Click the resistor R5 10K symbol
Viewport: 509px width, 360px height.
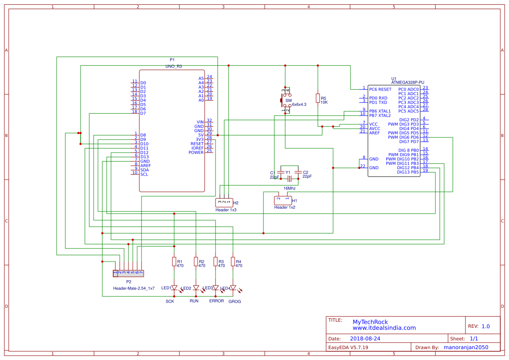[318, 98]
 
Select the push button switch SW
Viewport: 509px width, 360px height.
[286, 100]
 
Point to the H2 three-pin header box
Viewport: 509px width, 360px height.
[224, 202]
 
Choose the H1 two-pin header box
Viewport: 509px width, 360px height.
[283, 200]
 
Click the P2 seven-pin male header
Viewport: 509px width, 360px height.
[128, 273]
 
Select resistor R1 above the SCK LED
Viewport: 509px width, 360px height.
[174, 262]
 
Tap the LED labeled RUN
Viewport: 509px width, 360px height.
[196, 288]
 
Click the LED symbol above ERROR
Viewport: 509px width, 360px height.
[216, 288]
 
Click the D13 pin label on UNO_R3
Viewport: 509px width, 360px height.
[144, 157]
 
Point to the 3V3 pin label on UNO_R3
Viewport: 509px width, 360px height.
[199, 139]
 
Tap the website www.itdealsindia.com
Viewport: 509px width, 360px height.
[384, 328]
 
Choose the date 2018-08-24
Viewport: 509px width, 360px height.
[365, 339]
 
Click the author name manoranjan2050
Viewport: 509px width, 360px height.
[465, 347]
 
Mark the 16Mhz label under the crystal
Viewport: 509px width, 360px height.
[290, 188]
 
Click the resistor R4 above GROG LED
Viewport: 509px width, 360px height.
[233, 262]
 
